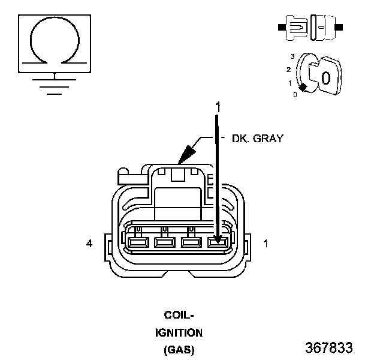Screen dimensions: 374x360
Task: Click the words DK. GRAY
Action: [x=258, y=139]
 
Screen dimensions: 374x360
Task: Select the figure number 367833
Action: [x=329, y=347]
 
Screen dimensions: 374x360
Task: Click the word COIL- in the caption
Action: [x=179, y=315]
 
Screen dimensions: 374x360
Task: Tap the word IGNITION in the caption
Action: [x=179, y=333]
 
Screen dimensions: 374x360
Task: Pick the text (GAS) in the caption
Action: [x=179, y=350]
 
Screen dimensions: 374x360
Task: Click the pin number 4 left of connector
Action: [x=89, y=244]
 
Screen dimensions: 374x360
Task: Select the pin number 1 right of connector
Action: [x=266, y=244]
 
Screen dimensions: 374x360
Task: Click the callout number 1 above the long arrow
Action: [x=218, y=107]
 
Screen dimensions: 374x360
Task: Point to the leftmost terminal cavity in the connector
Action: [x=138, y=242]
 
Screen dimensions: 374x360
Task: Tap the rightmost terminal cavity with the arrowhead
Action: [x=218, y=242]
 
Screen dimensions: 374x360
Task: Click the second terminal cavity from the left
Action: [x=165, y=242]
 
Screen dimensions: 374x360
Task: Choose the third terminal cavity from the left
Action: [x=192, y=242]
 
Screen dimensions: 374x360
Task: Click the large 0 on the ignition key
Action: [x=326, y=78]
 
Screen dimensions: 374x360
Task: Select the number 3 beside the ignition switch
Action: [x=292, y=56]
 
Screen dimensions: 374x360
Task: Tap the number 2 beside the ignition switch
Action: [x=289, y=70]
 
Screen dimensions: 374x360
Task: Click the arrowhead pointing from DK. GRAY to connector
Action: [x=186, y=154]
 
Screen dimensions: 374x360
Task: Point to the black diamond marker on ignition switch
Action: [x=303, y=88]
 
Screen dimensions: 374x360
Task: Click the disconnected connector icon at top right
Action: [x=310, y=27]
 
